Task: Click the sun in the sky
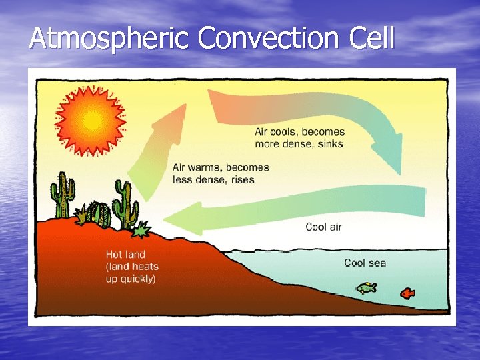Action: [91, 121]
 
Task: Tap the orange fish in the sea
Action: [407, 293]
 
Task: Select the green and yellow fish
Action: [366, 288]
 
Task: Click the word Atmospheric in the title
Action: [110, 39]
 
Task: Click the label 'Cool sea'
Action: [365, 263]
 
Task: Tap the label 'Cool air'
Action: [323, 227]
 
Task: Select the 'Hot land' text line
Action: [125, 254]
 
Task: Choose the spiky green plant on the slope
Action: [141, 231]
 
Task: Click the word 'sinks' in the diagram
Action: [330, 144]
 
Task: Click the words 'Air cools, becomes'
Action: [299, 132]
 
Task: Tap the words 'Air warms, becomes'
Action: [221, 168]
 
